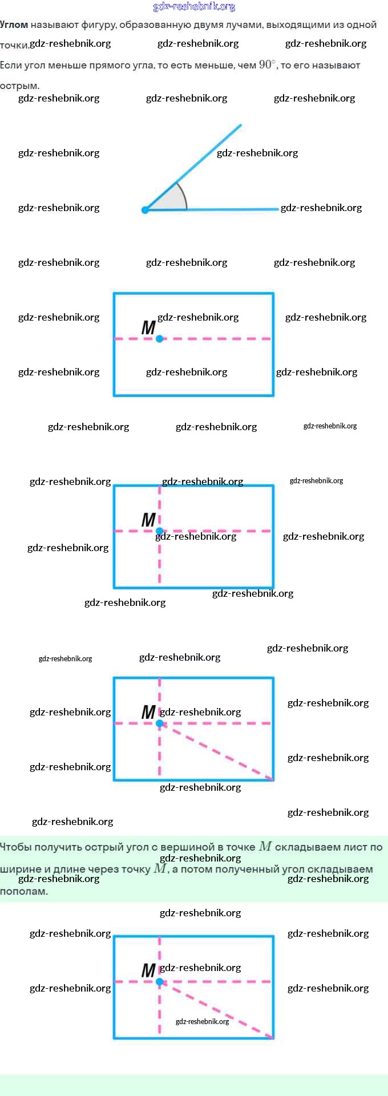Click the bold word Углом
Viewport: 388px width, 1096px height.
[14, 25]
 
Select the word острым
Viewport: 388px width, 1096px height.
[19, 86]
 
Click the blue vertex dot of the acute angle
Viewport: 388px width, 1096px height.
[145, 210]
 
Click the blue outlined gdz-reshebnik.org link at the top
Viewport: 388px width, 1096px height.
[194, 7]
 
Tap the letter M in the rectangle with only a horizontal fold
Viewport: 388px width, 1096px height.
[148, 327]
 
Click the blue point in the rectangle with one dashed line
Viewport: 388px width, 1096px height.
[160, 339]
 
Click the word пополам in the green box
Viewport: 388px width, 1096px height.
[23, 891]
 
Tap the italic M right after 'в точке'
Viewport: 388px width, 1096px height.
[265, 846]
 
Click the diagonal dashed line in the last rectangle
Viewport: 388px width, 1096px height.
[223, 1013]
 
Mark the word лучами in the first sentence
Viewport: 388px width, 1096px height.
[246, 25]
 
